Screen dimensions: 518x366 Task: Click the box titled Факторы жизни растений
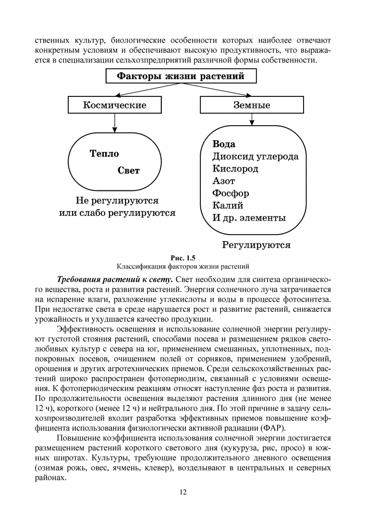click(181, 76)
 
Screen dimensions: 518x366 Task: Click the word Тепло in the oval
click(104, 154)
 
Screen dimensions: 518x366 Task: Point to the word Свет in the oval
click(129, 170)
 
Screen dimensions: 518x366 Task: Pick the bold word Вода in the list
click(224, 144)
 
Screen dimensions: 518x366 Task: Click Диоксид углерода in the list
click(255, 156)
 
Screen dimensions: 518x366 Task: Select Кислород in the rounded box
click(235, 169)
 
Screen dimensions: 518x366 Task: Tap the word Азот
click(224, 181)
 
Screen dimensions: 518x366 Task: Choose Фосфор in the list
click(231, 193)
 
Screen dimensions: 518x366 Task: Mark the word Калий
click(228, 205)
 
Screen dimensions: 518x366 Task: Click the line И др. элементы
click(249, 218)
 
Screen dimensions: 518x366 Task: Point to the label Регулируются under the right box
click(256, 245)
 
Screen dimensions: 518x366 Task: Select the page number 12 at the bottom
click(183, 492)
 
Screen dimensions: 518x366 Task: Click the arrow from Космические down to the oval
click(115, 123)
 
